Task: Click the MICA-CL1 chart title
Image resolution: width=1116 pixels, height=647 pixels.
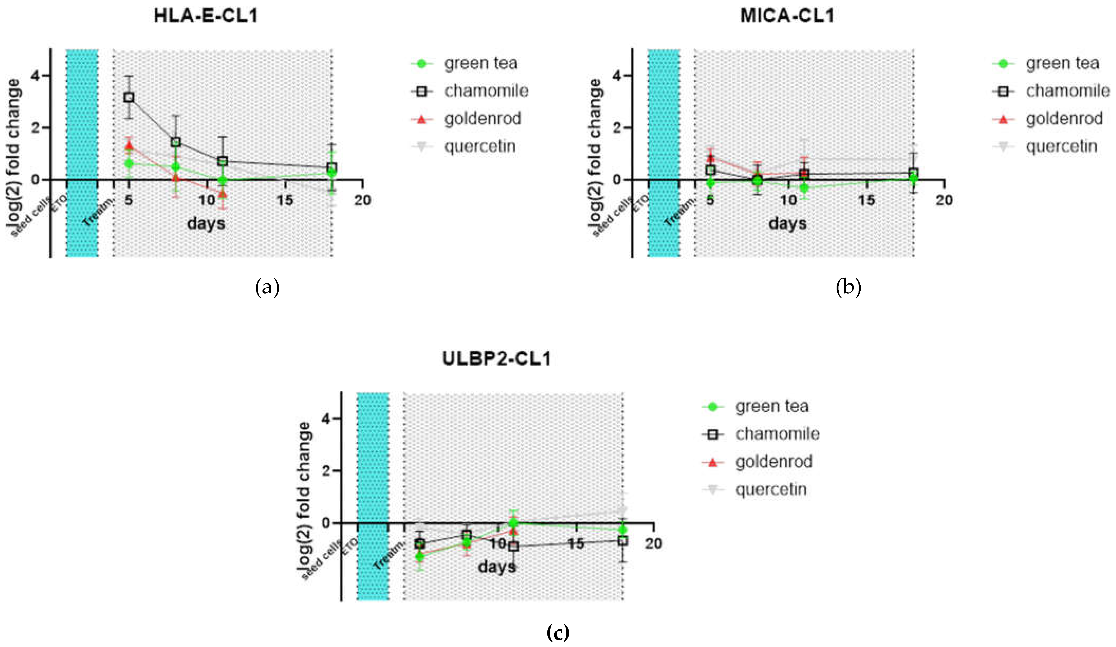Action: (787, 16)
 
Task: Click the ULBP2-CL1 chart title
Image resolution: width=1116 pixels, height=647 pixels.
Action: (496, 358)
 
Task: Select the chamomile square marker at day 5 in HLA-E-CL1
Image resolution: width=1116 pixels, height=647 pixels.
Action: (129, 97)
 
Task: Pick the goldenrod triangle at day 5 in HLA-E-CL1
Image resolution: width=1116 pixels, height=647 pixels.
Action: (129, 145)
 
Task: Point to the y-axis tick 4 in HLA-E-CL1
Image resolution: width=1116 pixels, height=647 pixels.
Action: (35, 76)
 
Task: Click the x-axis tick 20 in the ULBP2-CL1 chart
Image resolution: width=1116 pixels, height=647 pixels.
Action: (653, 544)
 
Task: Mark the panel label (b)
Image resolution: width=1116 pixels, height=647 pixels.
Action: (848, 288)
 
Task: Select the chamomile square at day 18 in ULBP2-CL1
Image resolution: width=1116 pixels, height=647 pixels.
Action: (623, 541)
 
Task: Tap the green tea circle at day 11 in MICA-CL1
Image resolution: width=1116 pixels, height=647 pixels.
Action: (804, 188)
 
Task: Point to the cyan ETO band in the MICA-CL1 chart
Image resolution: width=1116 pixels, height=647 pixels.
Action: (663, 153)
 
